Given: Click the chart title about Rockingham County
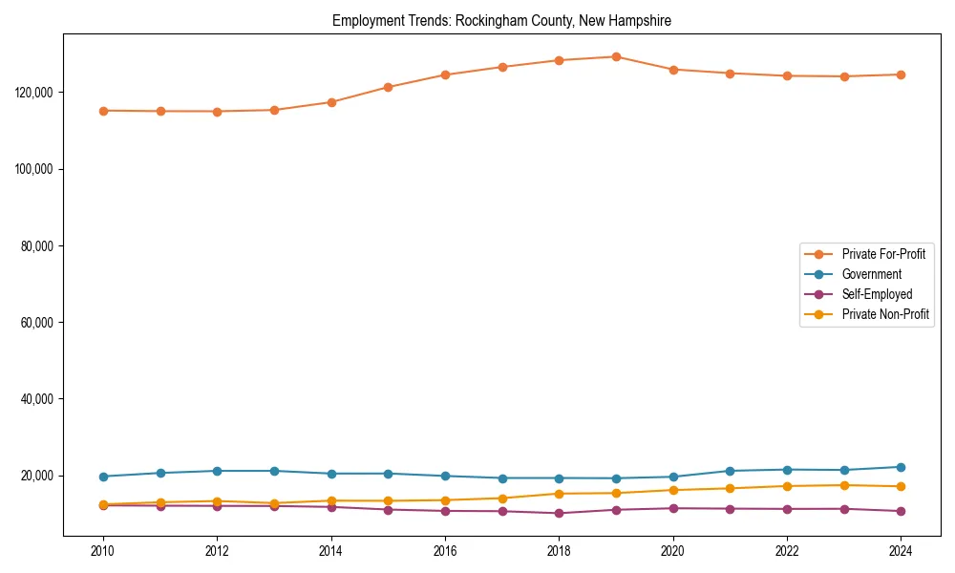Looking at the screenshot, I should (x=501, y=20).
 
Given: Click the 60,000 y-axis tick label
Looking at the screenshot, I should (x=34, y=323).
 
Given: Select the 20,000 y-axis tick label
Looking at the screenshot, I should (x=34, y=476).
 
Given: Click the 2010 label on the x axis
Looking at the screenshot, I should (x=103, y=551).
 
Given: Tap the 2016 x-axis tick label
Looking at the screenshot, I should (x=445, y=551).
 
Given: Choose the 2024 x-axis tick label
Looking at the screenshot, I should (x=901, y=551).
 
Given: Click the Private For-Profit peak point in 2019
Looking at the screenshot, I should (x=616, y=56).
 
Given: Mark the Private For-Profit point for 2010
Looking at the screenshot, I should (x=103, y=111).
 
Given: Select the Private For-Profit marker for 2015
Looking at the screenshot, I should (x=388, y=87).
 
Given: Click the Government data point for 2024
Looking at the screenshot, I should (x=901, y=467).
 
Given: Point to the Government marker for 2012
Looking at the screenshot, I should (x=217, y=471).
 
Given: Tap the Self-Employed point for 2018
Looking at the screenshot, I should (x=559, y=513).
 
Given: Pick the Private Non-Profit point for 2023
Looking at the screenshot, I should (x=844, y=485).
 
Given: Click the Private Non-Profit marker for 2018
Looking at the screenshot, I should (x=559, y=494).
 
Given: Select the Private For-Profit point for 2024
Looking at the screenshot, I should (x=901, y=74).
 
